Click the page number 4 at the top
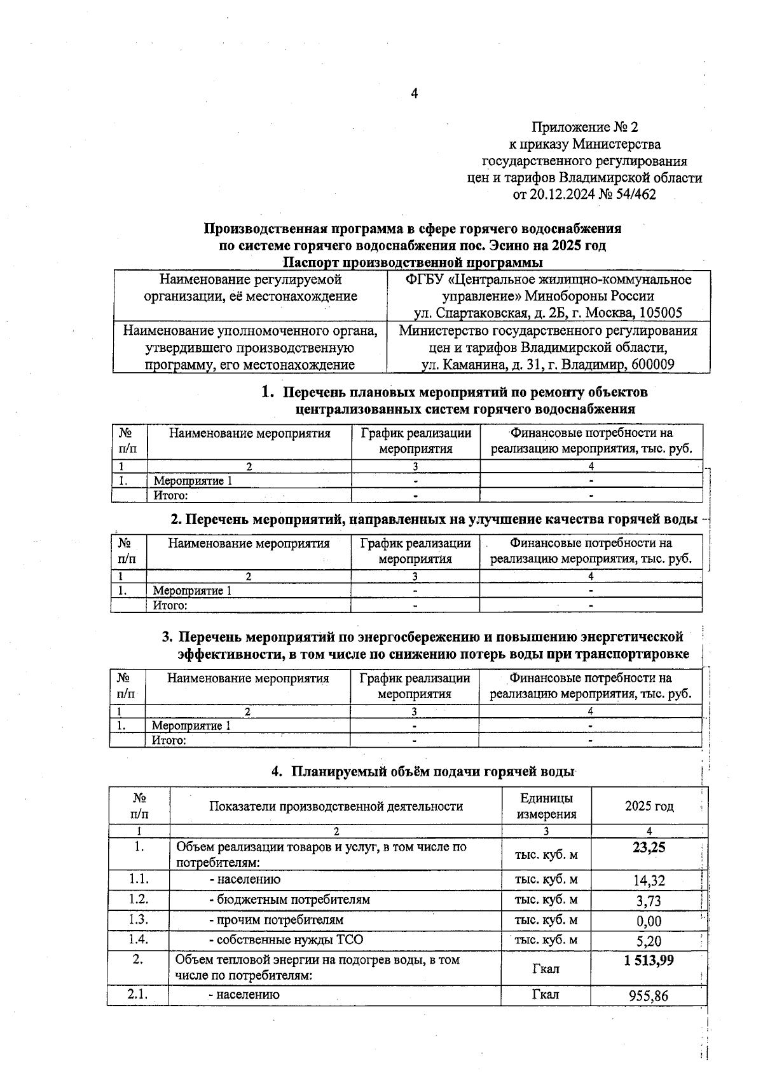(x=414, y=94)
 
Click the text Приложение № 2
(x=584, y=128)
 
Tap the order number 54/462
(x=634, y=194)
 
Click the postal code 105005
(x=661, y=313)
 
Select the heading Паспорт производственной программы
(x=413, y=262)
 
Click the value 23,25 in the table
(x=649, y=847)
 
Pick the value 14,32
(x=649, y=880)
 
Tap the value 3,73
(x=649, y=901)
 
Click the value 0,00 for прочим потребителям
(x=649, y=921)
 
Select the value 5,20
(x=649, y=941)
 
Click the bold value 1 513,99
(x=649, y=960)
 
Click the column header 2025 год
(x=649, y=806)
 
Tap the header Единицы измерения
(x=546, y=806)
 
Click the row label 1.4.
(x=138, y=940)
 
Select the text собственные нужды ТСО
(x=290, y=940)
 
